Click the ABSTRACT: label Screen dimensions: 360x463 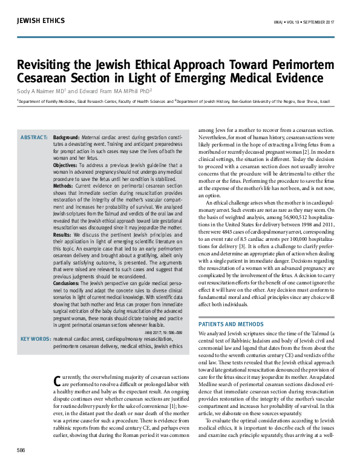(x=34, y=138)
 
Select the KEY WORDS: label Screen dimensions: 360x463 (x=34, y=339)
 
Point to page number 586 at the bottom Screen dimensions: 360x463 (x=21, y=450)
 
